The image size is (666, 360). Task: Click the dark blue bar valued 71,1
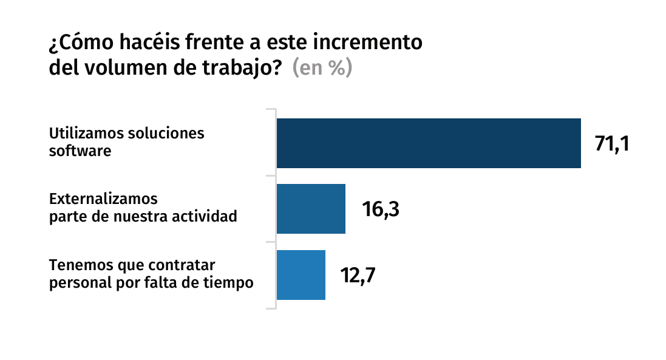tap(429, 143)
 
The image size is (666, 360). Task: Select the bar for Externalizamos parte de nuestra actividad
tap(311, 209)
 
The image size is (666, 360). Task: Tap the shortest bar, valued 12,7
tap(301, 275)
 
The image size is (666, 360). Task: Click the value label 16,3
tap(380, 209)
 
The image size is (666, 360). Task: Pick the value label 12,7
tap(358, 276)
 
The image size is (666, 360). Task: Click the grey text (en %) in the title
tap(322, 68)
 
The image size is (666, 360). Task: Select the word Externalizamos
tap(103, 199)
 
